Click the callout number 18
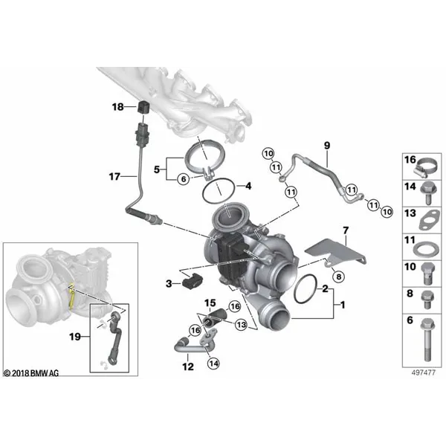coord(117,107)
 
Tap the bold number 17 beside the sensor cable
coord(114,177)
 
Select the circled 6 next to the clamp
coord(184,179)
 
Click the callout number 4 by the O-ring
coord(248,186)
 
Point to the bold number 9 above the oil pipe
coord(327,146)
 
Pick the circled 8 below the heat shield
coord(338,277)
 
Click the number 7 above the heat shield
coord(346,230)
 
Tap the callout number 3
coord(169,284)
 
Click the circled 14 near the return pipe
coord(213,363)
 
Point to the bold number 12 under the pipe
coord(188,366)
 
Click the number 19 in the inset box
coord(75,337)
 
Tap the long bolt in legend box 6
coord(427,340)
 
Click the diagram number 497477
coord(423,372)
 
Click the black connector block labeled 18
coord(143,107)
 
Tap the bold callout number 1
coord(343,305)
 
